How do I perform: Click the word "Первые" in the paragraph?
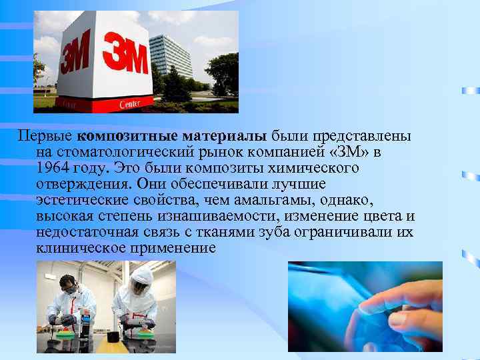click(45, 136)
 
